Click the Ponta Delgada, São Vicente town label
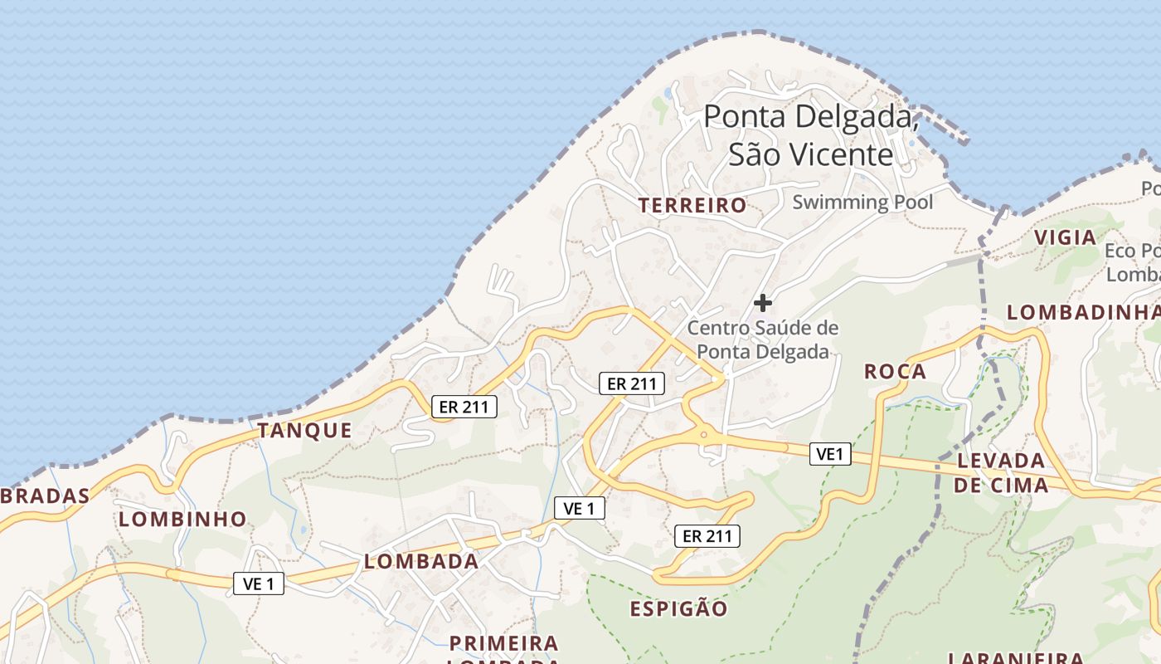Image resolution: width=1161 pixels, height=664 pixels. tap(811, 135)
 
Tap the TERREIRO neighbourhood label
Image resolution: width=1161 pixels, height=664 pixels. tap(692, 205)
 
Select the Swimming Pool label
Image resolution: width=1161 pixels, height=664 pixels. tap(862, 202)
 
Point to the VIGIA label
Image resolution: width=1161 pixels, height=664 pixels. tap(1066, 237)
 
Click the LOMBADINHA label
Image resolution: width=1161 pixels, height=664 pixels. tap(1083, 312)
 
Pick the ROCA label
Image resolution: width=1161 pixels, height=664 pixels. tap(895, 371)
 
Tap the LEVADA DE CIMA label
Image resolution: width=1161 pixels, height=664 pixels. tap(1000, 472)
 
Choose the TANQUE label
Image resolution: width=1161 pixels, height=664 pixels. tap(304, 430)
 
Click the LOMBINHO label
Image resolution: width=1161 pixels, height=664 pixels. tap(182, 520)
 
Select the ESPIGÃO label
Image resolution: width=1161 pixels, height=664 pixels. tap(678, 609)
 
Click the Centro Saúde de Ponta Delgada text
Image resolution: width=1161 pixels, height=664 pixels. tap(763, 339)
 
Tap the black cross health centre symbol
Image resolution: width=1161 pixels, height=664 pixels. tap(762, 303)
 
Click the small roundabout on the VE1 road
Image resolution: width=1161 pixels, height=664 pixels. tap(703, 433)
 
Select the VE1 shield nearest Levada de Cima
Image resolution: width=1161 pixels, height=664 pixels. tap(830, 453)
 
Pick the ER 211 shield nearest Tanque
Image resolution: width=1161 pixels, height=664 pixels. tap(464, 406)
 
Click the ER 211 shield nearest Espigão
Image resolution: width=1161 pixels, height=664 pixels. tap(707, 536)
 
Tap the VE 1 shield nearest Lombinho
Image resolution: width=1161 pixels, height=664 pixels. tap(259, 583)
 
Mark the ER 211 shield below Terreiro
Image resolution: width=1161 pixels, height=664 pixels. tap(632, 383)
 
